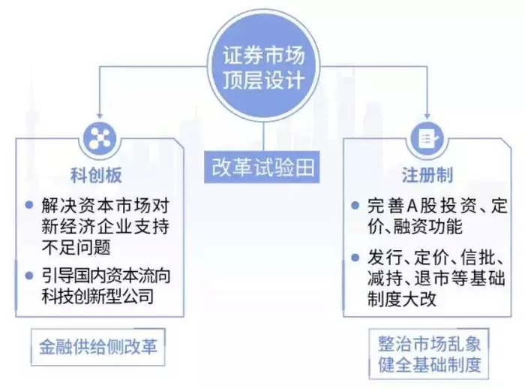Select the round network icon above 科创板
(98, 137)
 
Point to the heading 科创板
(97, 176)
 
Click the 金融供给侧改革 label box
(98, 350)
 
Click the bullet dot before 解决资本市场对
(29, 205)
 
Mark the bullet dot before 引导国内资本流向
(29, 276)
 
